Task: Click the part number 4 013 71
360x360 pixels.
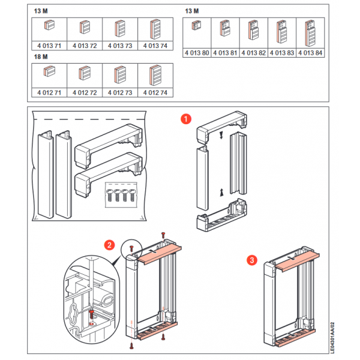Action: click(x=49, y=46)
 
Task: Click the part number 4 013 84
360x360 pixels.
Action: click(x=310, y=53)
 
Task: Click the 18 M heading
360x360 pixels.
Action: click(x=41, y=56)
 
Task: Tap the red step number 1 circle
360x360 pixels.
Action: click(x=187, y=119)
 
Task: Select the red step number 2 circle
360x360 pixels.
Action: click(x=109, y=245)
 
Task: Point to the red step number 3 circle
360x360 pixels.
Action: click(x=253, y=260)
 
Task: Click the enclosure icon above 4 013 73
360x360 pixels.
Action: click(x=119, y=29)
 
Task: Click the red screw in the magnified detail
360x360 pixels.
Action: click(x=91, y=314)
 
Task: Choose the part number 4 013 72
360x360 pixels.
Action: click(x=84, y=46)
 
